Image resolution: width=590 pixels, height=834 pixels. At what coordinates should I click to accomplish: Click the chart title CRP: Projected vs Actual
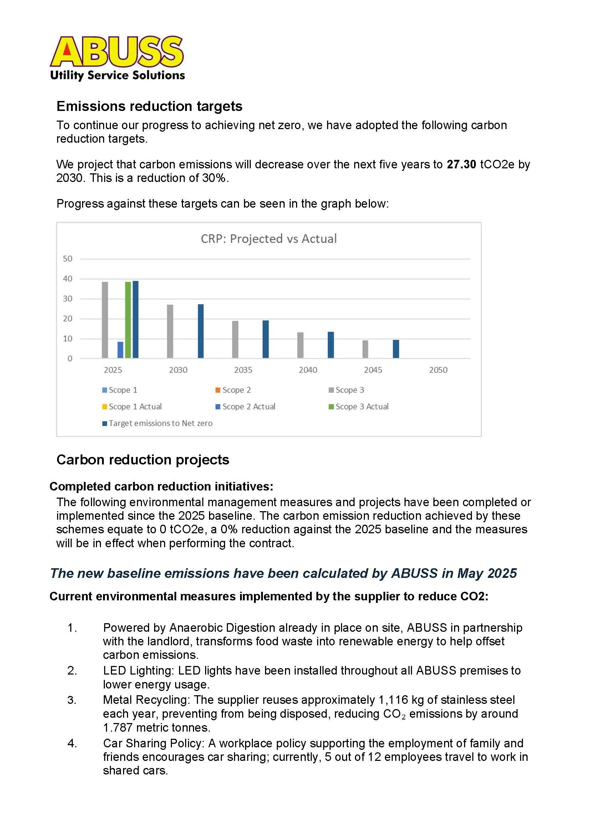[269, 239]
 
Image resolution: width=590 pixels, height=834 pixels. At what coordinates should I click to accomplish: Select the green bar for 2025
[128, 320]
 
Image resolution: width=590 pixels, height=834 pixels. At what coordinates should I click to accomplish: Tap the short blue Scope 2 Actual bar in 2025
[120, 350]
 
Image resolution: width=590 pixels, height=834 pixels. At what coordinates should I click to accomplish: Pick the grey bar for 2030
[170, 331]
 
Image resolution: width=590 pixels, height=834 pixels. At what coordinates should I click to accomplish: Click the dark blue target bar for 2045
[396, 349]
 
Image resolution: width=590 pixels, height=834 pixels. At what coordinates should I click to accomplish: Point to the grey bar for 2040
[300, 345]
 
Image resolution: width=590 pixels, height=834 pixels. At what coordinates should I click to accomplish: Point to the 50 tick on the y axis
[67, 259]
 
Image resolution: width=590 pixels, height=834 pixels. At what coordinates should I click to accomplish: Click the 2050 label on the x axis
[438, 370]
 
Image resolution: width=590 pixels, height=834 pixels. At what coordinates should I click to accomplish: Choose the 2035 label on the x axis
[243, 370]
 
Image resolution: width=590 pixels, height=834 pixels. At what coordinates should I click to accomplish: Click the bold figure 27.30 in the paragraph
[461, 164]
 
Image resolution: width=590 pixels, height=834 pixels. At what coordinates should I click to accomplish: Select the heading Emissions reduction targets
[149, 106]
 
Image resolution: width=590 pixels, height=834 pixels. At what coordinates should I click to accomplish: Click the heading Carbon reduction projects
[143, 459]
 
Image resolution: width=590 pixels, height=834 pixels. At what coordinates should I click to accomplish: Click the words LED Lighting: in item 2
[138, 670]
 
